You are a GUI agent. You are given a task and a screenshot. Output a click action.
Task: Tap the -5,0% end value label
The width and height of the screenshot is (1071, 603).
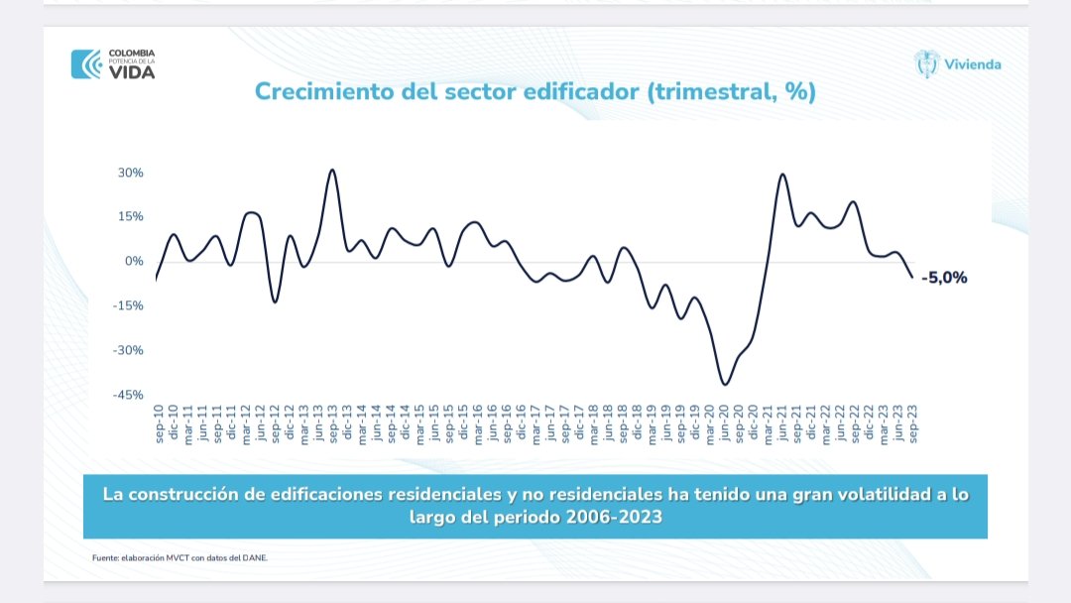coord(943,278)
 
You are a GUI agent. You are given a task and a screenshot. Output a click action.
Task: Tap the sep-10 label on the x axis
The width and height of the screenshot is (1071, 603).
coord(158,422)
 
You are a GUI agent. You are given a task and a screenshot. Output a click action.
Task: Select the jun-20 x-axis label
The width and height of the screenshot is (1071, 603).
coord(725,422)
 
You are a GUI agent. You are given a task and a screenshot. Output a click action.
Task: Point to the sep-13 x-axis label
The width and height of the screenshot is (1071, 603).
coord(333,422)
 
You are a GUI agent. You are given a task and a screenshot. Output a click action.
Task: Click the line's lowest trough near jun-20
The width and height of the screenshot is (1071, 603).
coord(725,384)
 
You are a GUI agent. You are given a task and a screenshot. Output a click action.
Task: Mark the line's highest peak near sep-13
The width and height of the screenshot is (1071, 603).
coord(332,170)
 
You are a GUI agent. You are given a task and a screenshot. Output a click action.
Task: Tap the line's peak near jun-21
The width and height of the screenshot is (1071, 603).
coord(782,175)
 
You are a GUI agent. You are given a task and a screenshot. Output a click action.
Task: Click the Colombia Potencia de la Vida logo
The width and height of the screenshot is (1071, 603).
coord(113,63)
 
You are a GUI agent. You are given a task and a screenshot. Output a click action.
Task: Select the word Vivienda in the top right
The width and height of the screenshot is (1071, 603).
coord(973,64)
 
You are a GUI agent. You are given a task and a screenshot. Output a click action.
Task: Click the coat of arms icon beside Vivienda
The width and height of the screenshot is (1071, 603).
coord(926,63)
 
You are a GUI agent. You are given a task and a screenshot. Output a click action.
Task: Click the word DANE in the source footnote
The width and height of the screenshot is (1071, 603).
coord(255,557)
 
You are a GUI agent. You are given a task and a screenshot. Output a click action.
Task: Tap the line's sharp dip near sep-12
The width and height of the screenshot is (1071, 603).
coord(275,301)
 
